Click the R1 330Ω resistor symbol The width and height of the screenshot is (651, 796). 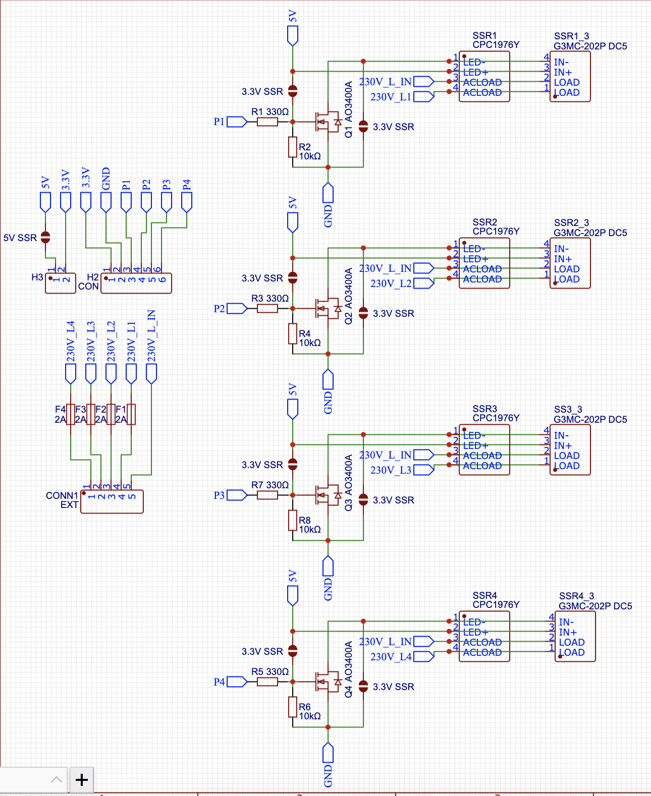pyautogui.click(x=267, y=122)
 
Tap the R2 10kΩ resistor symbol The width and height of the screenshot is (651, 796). pyautogui.click(x=293, y=147)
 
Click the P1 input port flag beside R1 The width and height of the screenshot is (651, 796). pyautogui.click(x=237, y=122)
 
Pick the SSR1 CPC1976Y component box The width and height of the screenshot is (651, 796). pyautogui.click(x=484, y=77)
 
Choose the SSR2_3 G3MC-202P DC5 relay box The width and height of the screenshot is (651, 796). pyautogui.click(x=570, y=263)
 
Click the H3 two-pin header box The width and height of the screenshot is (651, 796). pyautogui.click(x=61, y=283)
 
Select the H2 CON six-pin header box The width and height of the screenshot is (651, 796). pyautogui.click(x=136, y=283)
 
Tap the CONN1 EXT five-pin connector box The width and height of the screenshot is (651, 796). pyautogui.click(x=112, y=501)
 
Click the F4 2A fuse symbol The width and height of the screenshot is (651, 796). pyautogui.click(x=71, y=414)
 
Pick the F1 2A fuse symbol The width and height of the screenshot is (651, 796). pyautogui.click(x=131, y=414)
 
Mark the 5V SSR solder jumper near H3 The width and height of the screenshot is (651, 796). pyautogui.click(x=45, y=237)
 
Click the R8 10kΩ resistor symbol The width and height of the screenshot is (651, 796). pyautogui.click(x=293, y=520)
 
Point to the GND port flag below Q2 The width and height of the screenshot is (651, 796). pyautogui.click(x=328, y=379)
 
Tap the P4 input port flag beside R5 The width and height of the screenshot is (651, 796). pyautogui.click(x=237, y=681)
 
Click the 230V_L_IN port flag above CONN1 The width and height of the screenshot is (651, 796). pyautogui.click(x=151, y=373)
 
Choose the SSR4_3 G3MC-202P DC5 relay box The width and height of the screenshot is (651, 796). pyautogui.click(x=575, y=637)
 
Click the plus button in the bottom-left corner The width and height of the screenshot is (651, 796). pyautogui.click(x=82, y=780)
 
